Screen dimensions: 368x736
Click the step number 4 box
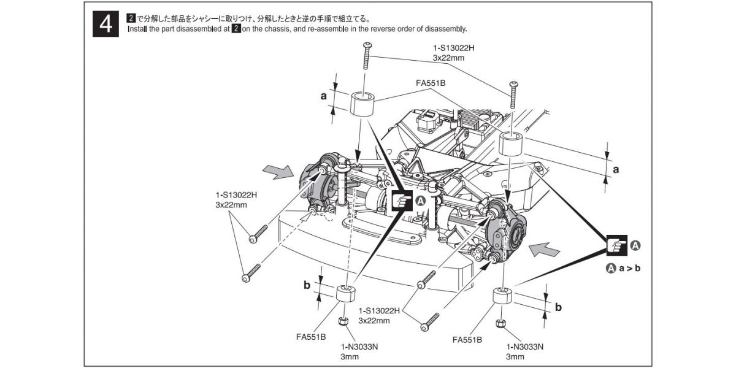[x=106, y=25]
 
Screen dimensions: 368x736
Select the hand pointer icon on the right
[x=616, y=245]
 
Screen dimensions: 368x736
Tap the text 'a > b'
[x=629, y=268]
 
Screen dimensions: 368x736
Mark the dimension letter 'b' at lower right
[x=558, y=306]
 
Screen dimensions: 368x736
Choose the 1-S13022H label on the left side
[x=231, y=195]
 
